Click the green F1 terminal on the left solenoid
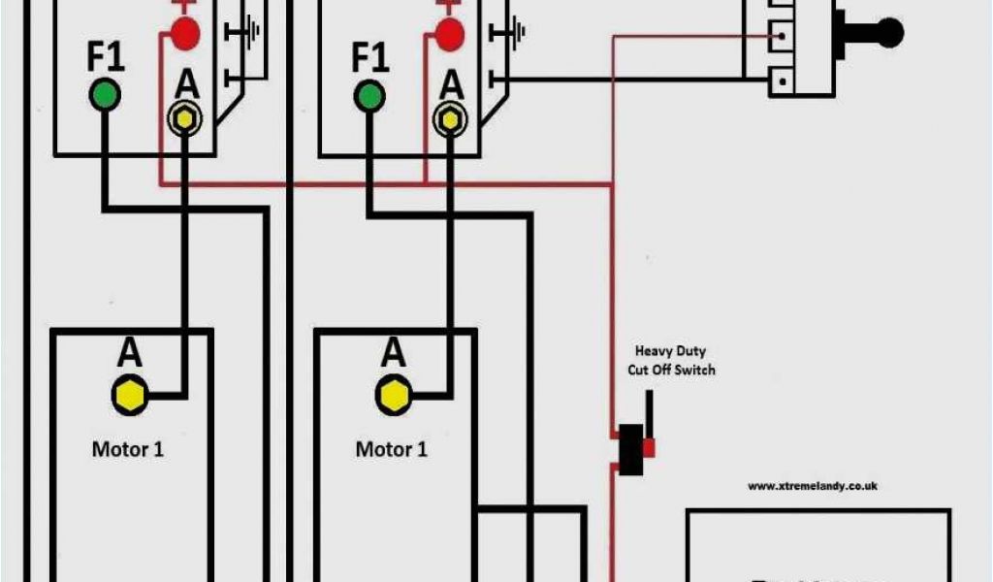click(105, 94)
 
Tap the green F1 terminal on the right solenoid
click(368, 94)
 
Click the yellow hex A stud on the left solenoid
click(185, 119)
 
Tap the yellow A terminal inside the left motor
click(129, 395)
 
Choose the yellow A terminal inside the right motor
click(393, 395)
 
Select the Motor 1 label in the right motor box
click(391, 449)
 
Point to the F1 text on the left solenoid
click(107, 58)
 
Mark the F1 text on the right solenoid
click(369, 58)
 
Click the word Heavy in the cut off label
click(656, 351)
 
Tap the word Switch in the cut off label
click(696, 370)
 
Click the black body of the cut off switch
click(631, 448)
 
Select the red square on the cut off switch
click(649, 447)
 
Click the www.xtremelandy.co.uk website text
click(813, 486)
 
